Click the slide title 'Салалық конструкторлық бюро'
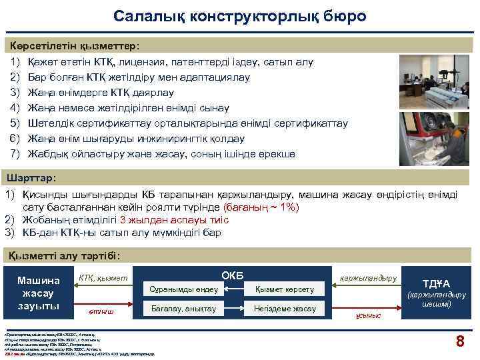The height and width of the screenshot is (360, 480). [239, 16]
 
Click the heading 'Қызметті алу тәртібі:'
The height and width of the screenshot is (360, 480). [63, 256]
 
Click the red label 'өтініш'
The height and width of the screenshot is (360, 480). [101, 311]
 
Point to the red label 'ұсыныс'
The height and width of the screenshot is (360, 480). [368, 315]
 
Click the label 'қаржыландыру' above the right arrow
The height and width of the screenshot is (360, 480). [368, 277]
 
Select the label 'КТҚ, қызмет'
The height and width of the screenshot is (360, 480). [103, 277]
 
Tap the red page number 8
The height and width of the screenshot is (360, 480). [459, 342]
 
